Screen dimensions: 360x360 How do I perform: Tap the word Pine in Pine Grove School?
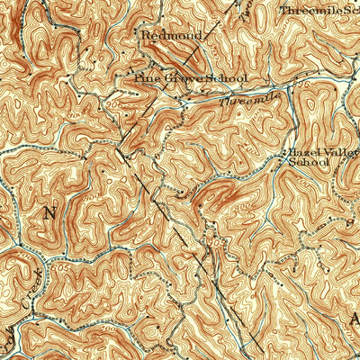[x=146, y=78]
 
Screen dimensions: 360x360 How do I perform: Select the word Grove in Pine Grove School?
[x=180, y=78]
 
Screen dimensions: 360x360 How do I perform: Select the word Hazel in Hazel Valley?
[x=303, y=152]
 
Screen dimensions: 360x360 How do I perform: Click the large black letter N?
[x=49, y=213]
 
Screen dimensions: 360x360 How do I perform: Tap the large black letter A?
[x=354, y=318]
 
